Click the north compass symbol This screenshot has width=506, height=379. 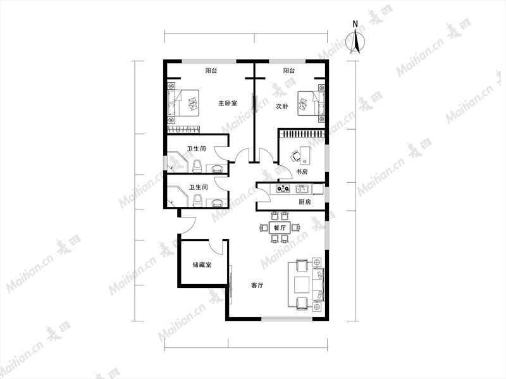coord(355,41)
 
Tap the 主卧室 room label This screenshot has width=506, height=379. coord(228,103)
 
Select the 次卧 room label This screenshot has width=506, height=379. coord(281,106)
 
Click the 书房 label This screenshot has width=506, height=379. coord(302,171)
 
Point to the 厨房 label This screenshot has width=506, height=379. coord(305,202)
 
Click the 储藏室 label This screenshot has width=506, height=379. coord(202,264)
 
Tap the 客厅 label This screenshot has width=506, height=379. coord(257,285)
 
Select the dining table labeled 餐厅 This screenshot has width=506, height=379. coord(280,228)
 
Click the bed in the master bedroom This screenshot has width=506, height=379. coord(183,103)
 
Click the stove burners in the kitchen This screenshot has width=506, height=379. coord(283,189)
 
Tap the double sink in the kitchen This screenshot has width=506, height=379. coord(303,189)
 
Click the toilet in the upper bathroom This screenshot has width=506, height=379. coord(197,166)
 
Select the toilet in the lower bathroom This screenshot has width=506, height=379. coord(197,201)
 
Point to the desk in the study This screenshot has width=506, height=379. coord(305,154)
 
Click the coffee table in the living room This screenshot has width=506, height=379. coord(302,284)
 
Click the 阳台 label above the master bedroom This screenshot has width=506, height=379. coord(211,70)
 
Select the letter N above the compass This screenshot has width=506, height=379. coord(355,24)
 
